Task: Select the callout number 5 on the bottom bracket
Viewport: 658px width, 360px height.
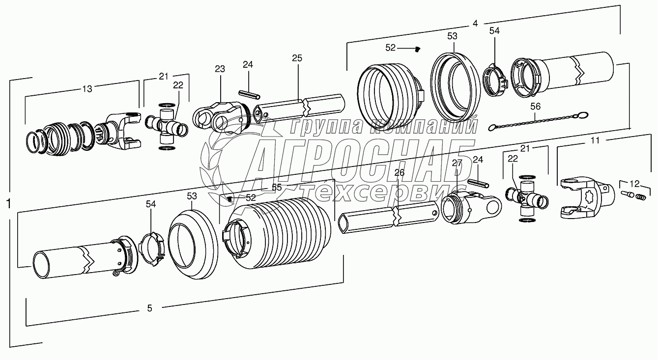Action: click(x=149, y=308)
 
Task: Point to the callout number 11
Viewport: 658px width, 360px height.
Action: click(x=595, y=140)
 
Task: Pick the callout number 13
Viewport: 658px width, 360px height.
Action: click(x=87, y=89)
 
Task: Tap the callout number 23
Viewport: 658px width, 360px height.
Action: click(x=219, y=69)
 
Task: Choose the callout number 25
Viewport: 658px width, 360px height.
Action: click(x=297, y=58)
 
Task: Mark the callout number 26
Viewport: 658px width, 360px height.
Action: click(x=399, y=172)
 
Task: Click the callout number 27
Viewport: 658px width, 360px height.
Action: click(x=458, y=163)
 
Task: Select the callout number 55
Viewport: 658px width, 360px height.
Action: click(x=277, y=187)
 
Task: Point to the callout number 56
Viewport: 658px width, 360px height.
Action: click(x=535, y=106)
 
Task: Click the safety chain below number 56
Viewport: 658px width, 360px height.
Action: click(x=536, y=121)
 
